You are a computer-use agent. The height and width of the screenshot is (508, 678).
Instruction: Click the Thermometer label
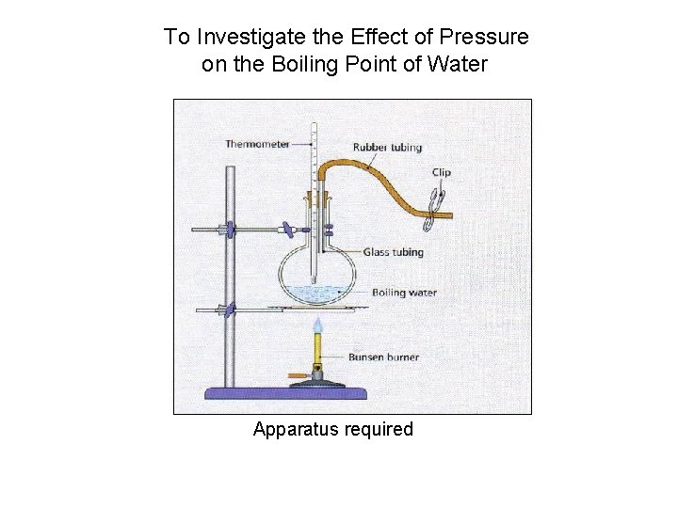[x=256, y=144]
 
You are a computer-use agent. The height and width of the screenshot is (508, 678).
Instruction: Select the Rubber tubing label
[x=387, y=148]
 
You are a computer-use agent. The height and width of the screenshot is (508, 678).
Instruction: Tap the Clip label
[x=441, y=172]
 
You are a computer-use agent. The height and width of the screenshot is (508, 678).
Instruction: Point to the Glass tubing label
[x=393, y=252]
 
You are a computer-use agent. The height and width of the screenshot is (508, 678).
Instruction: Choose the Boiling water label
[x=404, y=293]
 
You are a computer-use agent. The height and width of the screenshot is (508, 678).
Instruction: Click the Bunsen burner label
[x=383, y=357]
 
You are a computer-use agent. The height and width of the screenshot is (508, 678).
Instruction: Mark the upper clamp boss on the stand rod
[x=227, y=229]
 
